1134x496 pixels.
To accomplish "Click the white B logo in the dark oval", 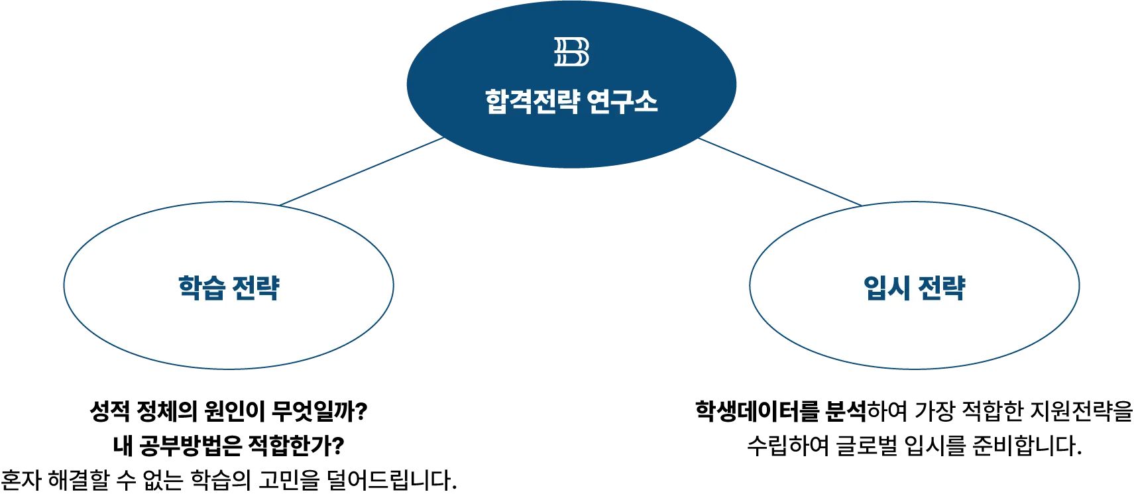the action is (x=571, y=52).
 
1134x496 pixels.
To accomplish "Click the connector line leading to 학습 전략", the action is (x=361, y=170).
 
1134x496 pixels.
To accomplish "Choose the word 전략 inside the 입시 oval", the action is (x=941, y=288).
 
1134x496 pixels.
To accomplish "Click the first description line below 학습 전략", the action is (x=229, y=411).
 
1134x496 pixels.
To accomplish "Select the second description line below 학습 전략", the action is (x=229, y=445).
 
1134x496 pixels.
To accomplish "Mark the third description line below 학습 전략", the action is (x=229, y=479).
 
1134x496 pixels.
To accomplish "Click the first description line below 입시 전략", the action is (x=914, y=411).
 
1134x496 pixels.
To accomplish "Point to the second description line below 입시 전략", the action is (x=914, y=445).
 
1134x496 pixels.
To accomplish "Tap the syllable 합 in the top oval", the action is (x=496, y=101).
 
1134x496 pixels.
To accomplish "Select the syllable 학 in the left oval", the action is (x=190, y=288).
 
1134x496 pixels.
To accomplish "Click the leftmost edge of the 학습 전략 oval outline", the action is (x=64, y=285).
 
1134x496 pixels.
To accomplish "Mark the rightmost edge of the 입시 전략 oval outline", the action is (x=1079, y=285).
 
